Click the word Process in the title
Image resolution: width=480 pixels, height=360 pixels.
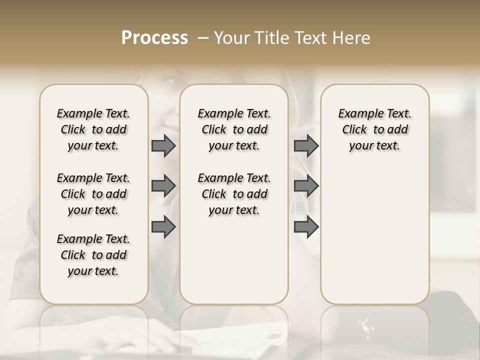tap(154, 38)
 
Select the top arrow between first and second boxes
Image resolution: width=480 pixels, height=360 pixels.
tap(163, 145)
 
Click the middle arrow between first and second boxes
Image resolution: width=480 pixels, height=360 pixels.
tap(163, 186)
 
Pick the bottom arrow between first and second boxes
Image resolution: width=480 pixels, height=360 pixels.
tap(163, 227)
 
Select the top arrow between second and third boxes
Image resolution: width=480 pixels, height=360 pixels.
tap(306, 145)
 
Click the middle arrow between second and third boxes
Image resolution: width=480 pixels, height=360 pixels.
tap(306, 186)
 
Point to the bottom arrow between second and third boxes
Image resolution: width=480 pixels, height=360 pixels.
tap(306, 227)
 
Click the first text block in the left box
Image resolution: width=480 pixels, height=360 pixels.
tap(93, 129)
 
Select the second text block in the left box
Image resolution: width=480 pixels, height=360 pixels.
tap(93, 194)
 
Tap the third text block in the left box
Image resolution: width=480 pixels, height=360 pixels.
tap(93, 255)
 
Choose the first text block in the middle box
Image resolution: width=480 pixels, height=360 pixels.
tap(234, 129)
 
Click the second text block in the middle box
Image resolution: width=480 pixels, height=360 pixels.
tap(234, 194)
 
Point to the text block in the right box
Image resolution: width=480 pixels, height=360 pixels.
tap(374, 129)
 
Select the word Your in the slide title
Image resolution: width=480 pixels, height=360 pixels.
tap(230, 38)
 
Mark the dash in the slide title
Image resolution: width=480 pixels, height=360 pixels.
tap(203, 38)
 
